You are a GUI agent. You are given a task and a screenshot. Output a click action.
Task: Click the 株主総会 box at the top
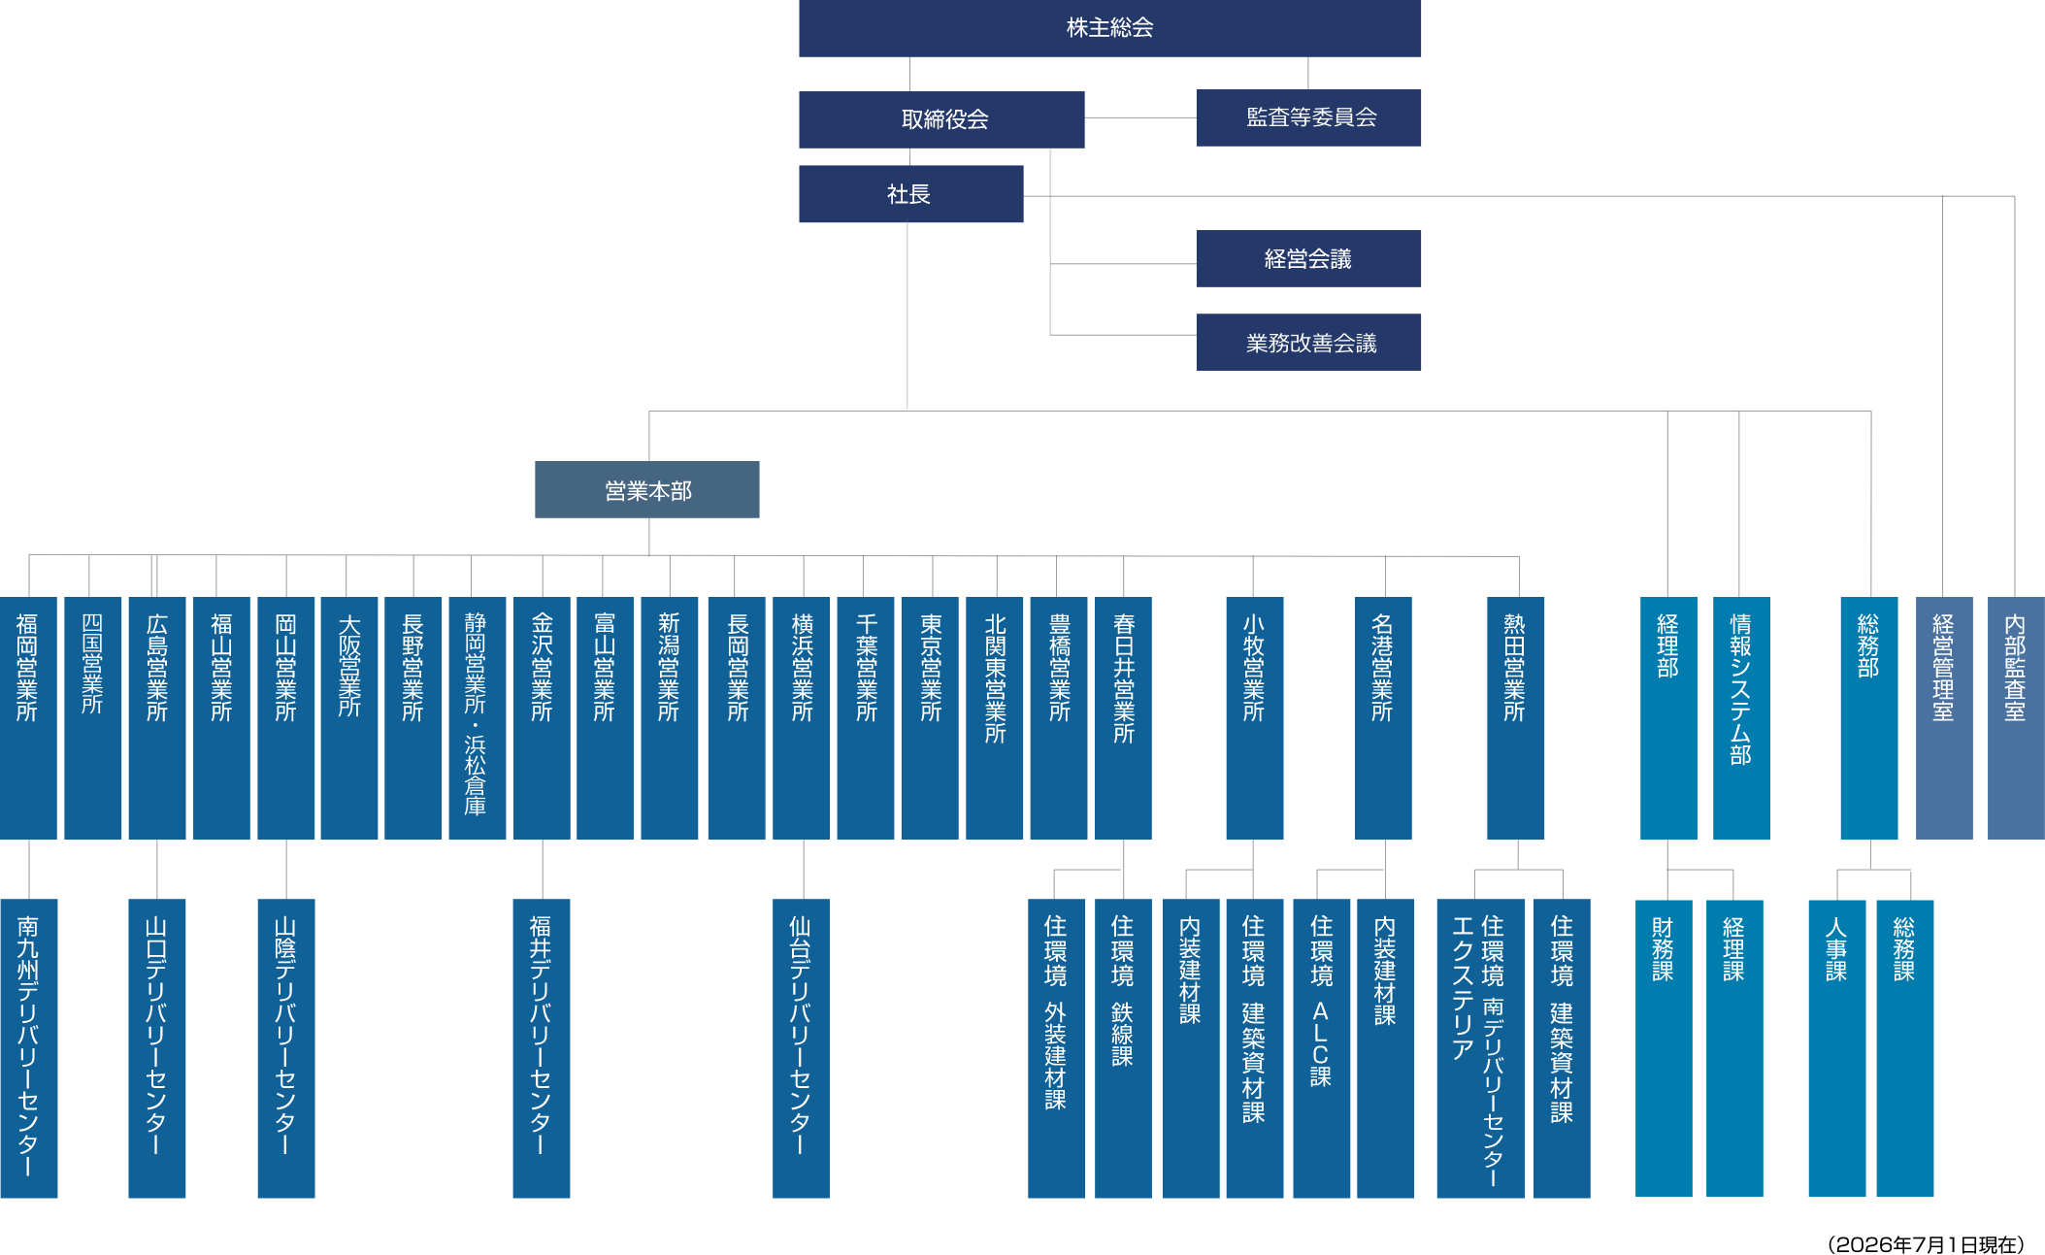tap(1109, 28)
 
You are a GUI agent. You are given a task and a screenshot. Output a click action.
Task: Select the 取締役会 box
tap(941, 119)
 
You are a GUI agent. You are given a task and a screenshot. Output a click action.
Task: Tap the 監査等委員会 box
tap(1308, 117)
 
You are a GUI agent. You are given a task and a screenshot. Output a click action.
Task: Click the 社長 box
tap(910, 194)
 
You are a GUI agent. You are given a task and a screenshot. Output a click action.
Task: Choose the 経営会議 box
tap(1308, 258)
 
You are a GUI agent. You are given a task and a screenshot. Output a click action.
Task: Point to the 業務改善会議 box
tap(1308, 342)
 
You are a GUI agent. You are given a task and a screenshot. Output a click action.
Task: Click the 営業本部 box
tap(647, 489)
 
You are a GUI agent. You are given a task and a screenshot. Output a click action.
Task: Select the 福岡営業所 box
tap(28, 717)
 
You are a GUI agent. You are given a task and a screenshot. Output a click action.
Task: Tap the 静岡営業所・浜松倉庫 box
tap(477, 717)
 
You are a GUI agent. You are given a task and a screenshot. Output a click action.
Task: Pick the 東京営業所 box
tap(930, 717)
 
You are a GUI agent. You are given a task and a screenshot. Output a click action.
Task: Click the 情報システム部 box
tap(1741, 717)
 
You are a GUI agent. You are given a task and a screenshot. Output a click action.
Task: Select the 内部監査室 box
tap(2016, 717)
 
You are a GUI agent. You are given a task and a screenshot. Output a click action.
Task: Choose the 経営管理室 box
tap(1944, 717)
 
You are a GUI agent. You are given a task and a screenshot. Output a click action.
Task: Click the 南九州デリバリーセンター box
tap(28, 1048)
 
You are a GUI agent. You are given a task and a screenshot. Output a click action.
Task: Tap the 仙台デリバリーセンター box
tap(801, 1048)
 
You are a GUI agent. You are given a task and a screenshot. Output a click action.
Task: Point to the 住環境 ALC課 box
tap(1321, 1048)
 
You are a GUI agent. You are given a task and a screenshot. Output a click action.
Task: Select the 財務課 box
tap(1664, 1048)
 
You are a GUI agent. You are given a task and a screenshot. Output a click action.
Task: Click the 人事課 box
tap(1837, 1048)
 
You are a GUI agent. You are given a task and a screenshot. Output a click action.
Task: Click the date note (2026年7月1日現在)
tap(1926, 1244)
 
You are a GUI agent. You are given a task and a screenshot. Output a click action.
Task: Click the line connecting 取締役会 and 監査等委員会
tap(1140, 118)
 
